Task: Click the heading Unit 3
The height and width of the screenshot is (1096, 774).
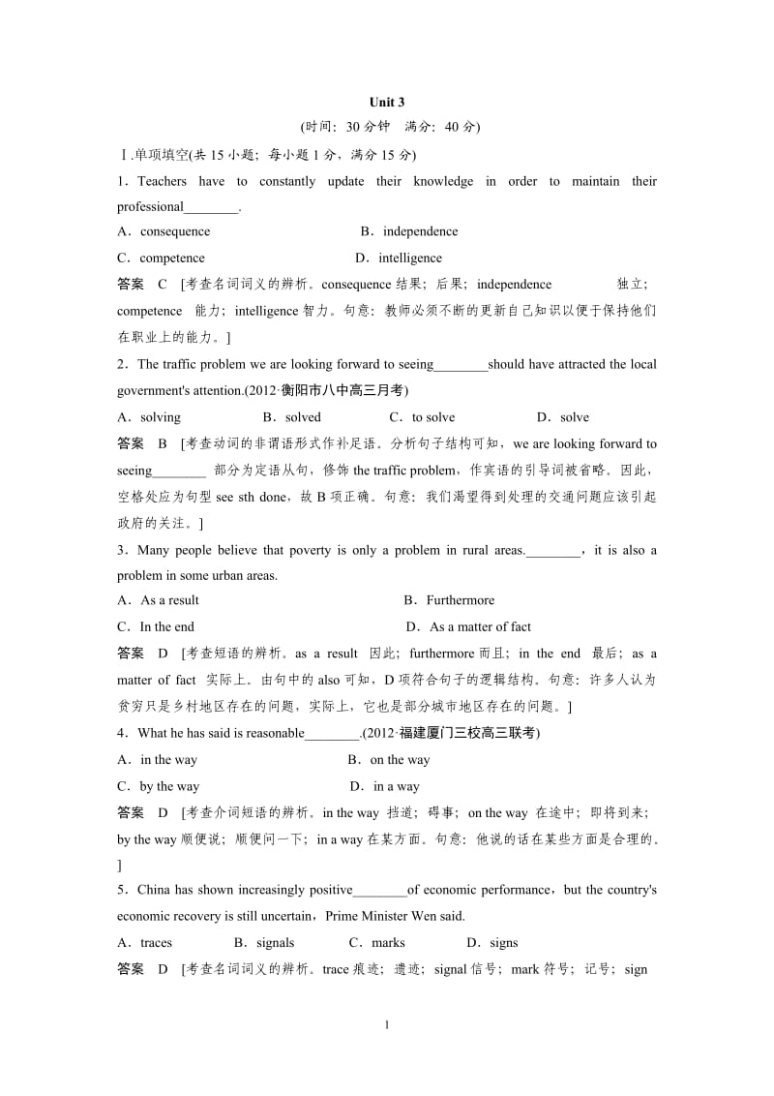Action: click(x=386, y=103)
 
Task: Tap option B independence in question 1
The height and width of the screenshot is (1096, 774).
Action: click(x=409, y=231)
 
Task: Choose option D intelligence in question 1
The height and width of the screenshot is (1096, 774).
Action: click(x=399, y=259)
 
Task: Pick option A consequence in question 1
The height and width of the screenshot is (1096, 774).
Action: click(x=164, y=231)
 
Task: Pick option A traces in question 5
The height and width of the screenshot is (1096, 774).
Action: click(x=145, y=942)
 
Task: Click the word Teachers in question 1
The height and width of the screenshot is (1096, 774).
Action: click(x=163, y=181)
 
